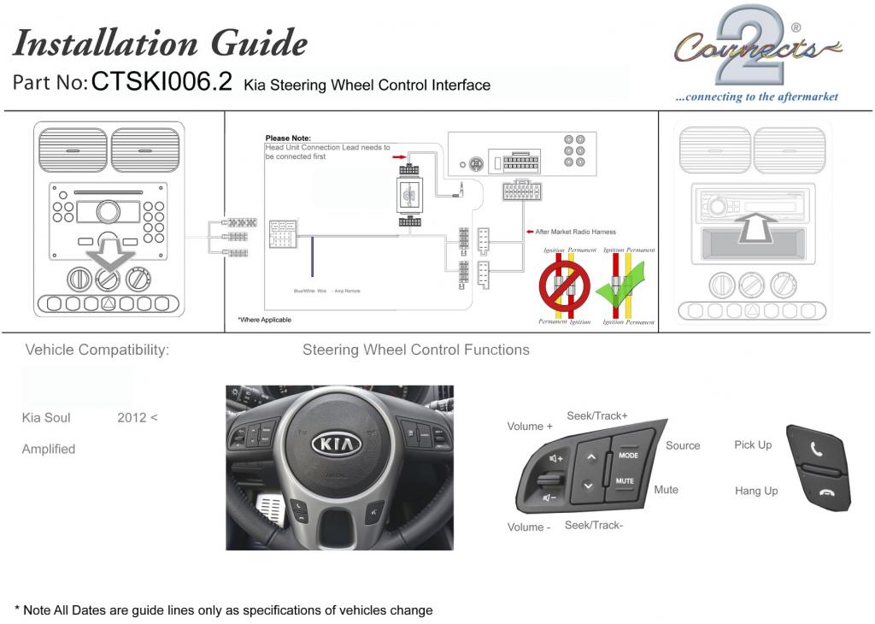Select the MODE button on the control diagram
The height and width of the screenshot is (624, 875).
pos(628,456)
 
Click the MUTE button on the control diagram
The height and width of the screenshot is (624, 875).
pos(625,481)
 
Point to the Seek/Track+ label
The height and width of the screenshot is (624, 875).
pos(597,415)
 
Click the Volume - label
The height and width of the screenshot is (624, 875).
pos(529,527)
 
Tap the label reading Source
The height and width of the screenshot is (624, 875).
pos(683,445)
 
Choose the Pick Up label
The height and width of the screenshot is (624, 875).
pos(753,444)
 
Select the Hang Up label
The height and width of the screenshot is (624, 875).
pos(756,491)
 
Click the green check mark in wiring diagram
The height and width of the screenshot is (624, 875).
pos(622,291)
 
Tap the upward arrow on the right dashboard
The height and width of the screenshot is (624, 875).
pos(755,226)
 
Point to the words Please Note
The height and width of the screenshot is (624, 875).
pos(288,138)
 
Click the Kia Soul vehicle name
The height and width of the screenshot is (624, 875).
pos(46,418)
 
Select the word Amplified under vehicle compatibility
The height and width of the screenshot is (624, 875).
pos(49,449)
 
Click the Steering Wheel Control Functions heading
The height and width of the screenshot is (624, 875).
pos(416,350)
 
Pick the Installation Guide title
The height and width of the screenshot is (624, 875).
pos(160,42)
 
